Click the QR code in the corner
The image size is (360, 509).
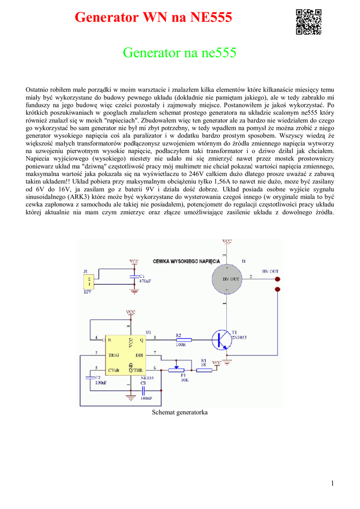(308, 22)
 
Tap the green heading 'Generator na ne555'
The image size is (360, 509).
(180, 53)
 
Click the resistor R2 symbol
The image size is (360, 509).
(181, 339)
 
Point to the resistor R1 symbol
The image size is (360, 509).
(203, 368)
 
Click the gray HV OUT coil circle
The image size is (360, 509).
(230, 279)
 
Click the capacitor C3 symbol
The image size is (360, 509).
(143, 391)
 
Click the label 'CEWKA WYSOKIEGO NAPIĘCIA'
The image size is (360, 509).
(186, 261)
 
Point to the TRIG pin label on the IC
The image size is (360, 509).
(114, 355)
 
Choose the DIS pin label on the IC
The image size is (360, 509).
(139, 355)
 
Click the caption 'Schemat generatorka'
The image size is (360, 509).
(180, 413)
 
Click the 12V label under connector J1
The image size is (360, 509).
(88, 292)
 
